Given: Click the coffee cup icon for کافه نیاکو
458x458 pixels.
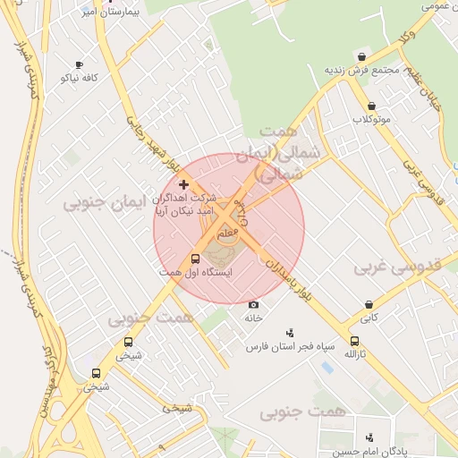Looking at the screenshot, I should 80,64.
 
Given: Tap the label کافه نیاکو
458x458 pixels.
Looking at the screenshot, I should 79,78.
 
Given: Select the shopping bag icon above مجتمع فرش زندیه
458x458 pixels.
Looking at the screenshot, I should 361,56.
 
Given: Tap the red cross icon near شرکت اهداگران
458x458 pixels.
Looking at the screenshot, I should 183,184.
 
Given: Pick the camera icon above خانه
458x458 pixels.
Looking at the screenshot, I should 252,305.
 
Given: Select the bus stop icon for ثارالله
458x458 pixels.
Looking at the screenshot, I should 355,341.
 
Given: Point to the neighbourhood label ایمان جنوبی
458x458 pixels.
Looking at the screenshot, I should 103,203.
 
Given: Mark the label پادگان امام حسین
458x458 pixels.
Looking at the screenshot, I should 365,450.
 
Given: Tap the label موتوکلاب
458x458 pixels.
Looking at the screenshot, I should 371,119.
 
